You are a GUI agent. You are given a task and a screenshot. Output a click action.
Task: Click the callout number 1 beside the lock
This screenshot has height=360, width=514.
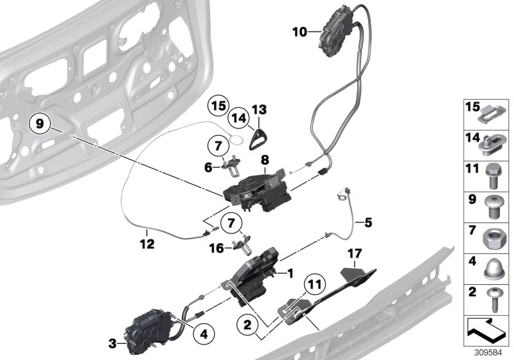point(290,273)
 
